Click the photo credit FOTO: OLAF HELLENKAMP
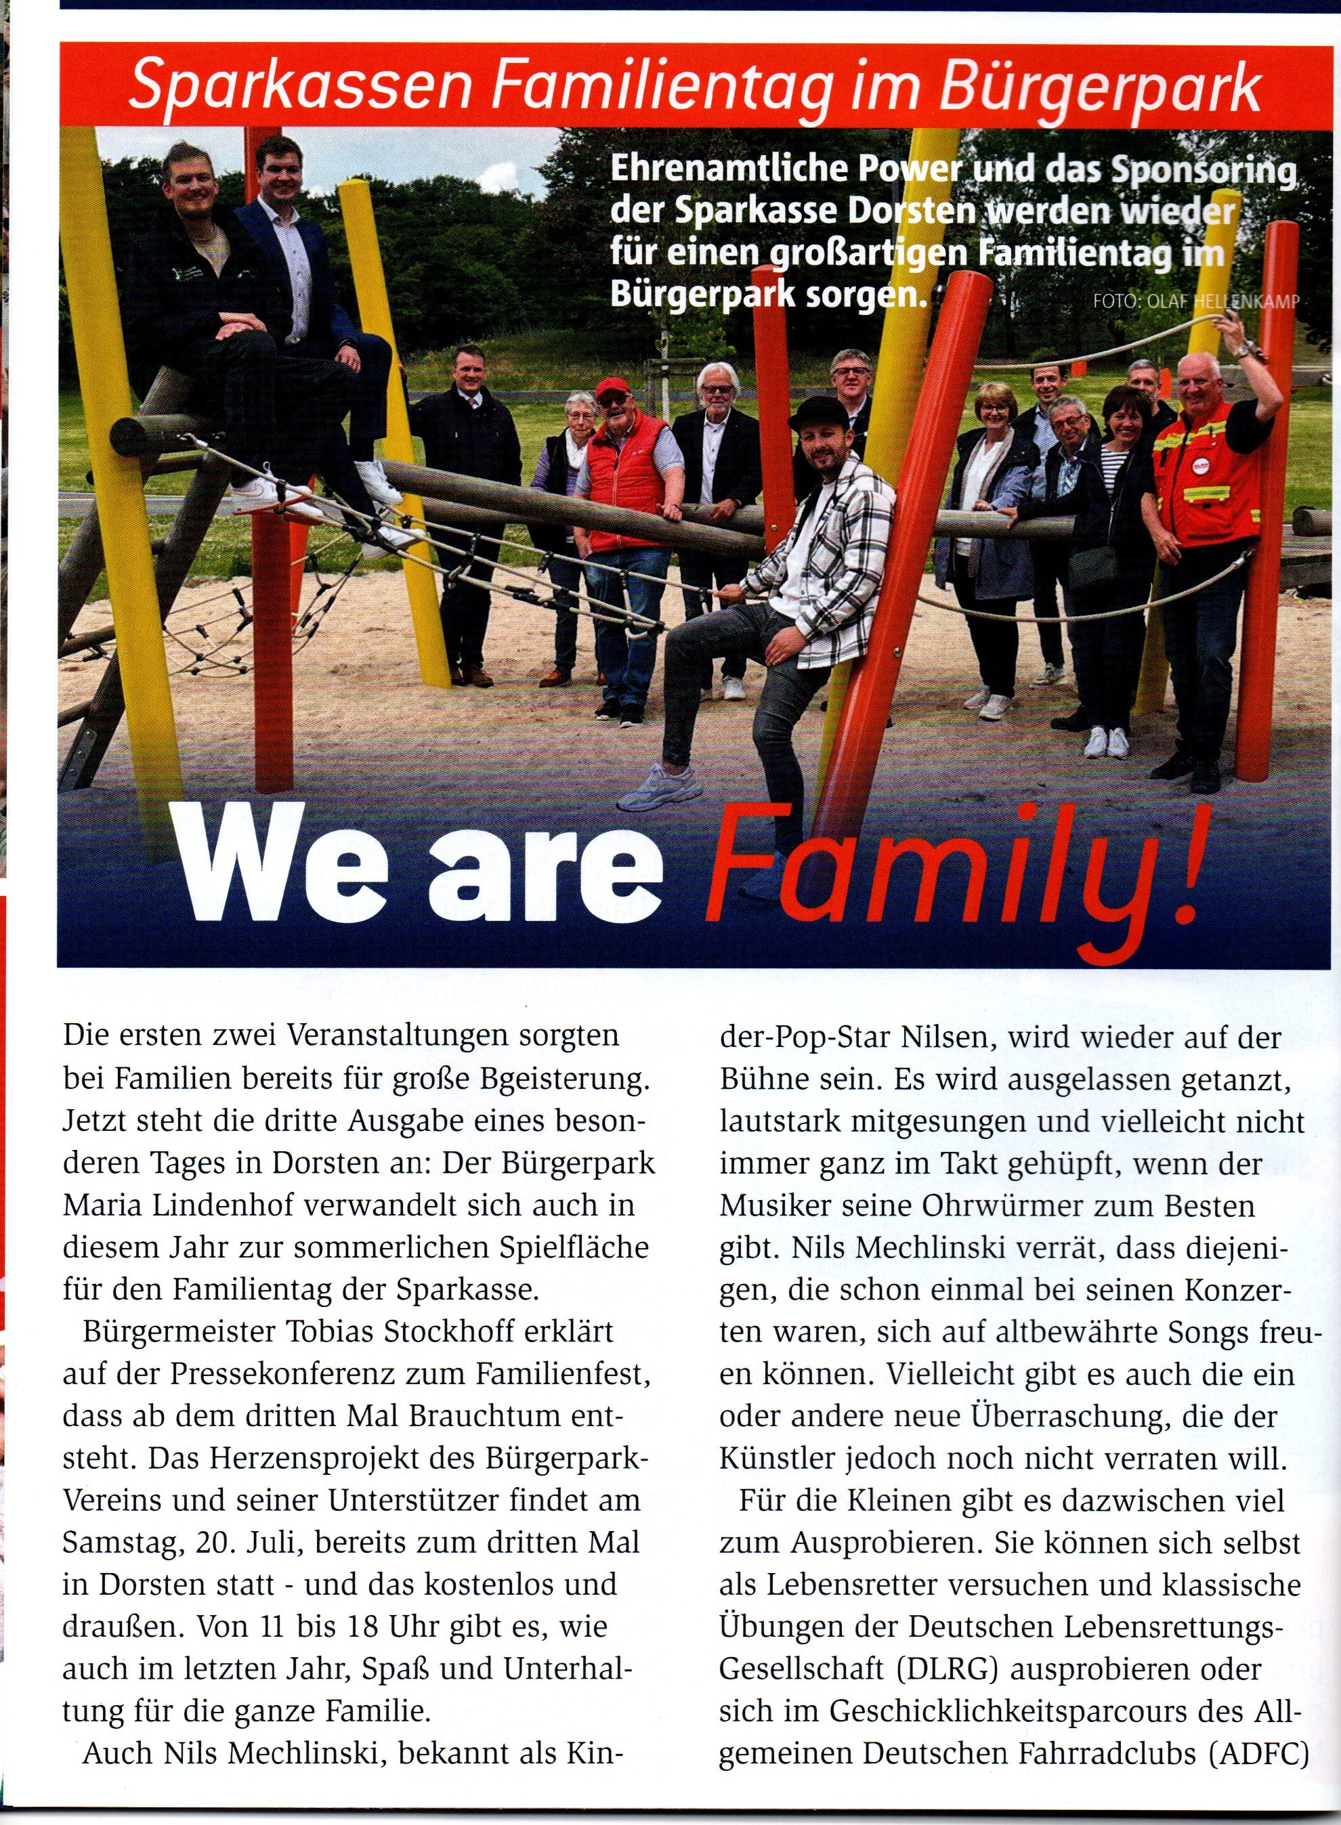pos(1195,302)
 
